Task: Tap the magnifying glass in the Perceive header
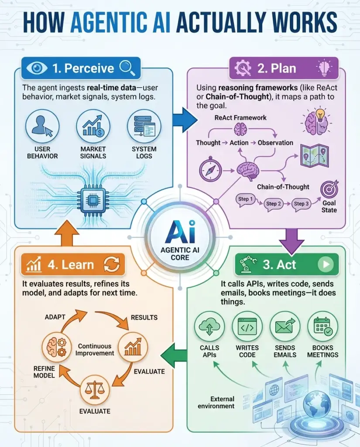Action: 127,68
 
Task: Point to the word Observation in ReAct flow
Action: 275,143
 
